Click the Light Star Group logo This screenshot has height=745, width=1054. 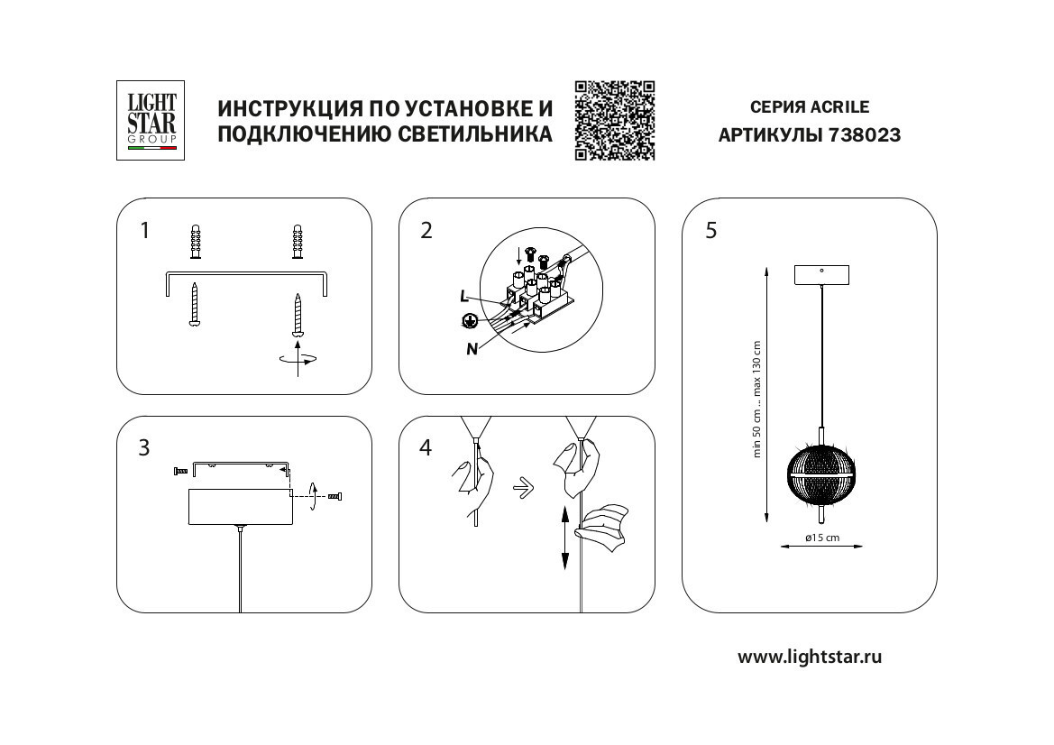[150, 120]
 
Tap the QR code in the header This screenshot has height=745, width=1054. [615, 120]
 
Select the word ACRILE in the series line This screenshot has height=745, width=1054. [839, 107]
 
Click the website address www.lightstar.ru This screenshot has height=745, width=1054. [810, 657]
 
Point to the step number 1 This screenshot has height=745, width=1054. [144, 230]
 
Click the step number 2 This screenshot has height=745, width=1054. [426, 230]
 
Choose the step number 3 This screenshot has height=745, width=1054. [144, 448]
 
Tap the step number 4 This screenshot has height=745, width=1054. [426, 448]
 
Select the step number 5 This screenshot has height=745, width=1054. [710, 230]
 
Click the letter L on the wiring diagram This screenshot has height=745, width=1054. [463, 296]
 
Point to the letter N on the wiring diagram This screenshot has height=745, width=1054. [472, 349]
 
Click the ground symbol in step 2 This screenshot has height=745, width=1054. [468, 319]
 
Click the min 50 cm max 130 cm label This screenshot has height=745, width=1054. [757, 399]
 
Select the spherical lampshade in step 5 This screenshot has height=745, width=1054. [819, 474]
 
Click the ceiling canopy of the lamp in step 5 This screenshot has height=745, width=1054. [820, 275]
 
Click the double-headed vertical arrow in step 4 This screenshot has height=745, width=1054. [565, 537]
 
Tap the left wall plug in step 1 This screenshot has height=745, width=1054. [195, 243]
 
